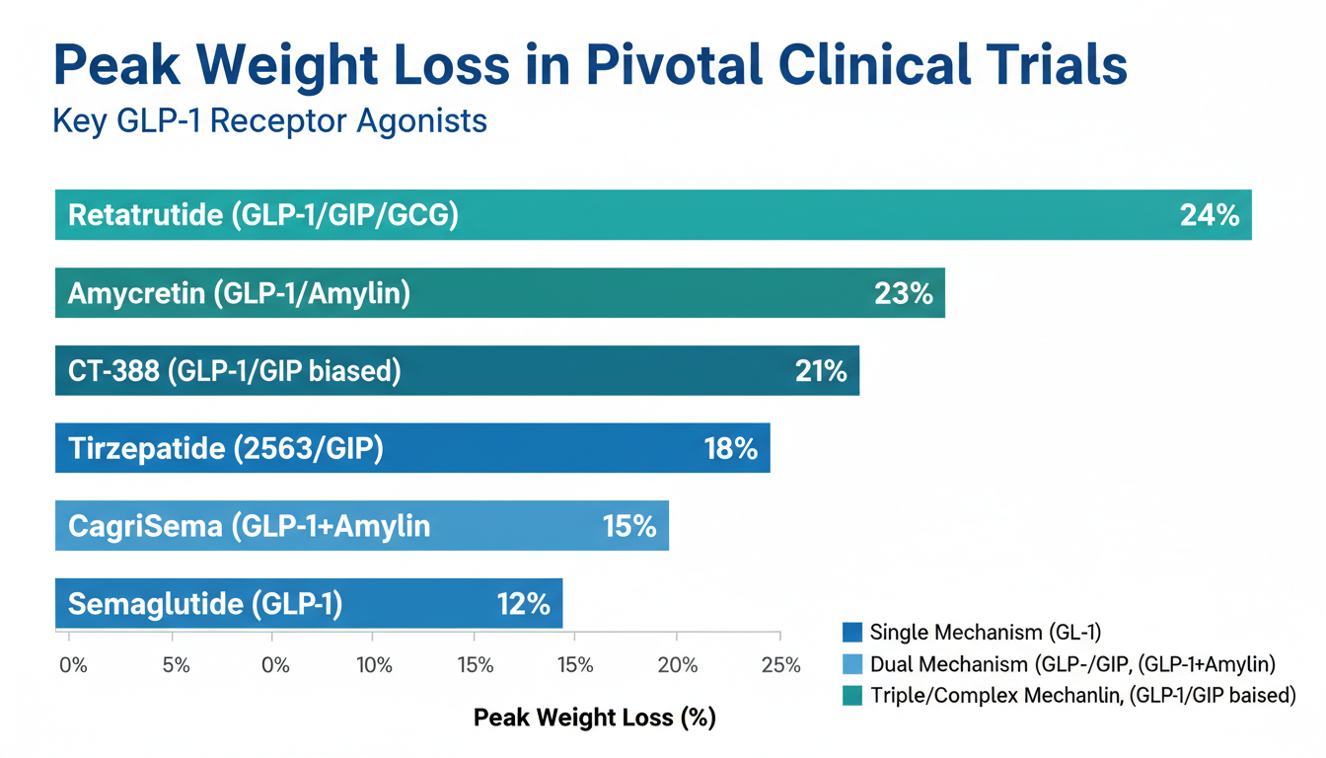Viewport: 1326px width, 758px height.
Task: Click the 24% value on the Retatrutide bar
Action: pos(1210,215)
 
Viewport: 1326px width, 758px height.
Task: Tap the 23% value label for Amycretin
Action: pos(904,293)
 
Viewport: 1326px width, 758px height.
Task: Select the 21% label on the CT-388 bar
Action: pos(821,371)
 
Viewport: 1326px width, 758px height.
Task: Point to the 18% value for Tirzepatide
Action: pos(730,448)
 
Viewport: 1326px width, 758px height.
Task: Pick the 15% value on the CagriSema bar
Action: pos(629,526)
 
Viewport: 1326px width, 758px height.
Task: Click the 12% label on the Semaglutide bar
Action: pos(523,604)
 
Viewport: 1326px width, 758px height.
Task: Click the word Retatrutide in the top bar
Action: pos(146,214)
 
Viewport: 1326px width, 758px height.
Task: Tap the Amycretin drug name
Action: pos(137,293)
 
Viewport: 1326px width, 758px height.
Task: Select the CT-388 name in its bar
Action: pos(113,371)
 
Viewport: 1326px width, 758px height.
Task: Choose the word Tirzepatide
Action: pos(147,448)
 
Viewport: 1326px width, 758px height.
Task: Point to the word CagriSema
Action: pos(145,526)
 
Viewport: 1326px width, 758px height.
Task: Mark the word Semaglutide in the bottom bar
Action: pos(156,604)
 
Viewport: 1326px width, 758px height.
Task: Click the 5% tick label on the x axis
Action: pos(176,665)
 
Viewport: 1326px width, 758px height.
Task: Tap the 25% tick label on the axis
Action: pos(780,665)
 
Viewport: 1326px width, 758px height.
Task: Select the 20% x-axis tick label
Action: pos(678,665)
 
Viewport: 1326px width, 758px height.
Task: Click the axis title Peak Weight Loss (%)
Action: pos(595,718)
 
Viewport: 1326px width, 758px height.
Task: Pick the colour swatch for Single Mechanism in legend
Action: pos(852,633)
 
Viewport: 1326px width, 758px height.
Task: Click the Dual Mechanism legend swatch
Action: pos(852,664)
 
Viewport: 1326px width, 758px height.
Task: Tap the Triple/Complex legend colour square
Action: pos(852,696)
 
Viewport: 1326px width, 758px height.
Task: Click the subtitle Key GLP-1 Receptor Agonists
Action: pos(270,121)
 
